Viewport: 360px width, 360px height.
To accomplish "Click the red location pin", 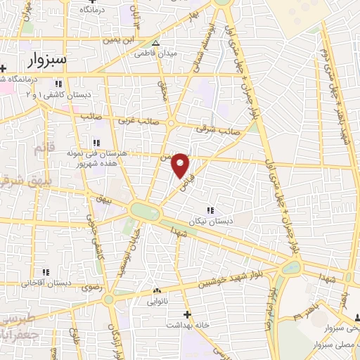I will click(181, 165).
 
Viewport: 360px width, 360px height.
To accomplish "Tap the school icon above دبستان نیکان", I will click(210, 210).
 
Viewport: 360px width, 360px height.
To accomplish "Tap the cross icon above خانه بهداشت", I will click(186, 314).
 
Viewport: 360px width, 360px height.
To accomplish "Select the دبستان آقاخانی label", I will click(44, 283).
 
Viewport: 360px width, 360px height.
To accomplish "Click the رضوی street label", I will click(92, 287).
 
